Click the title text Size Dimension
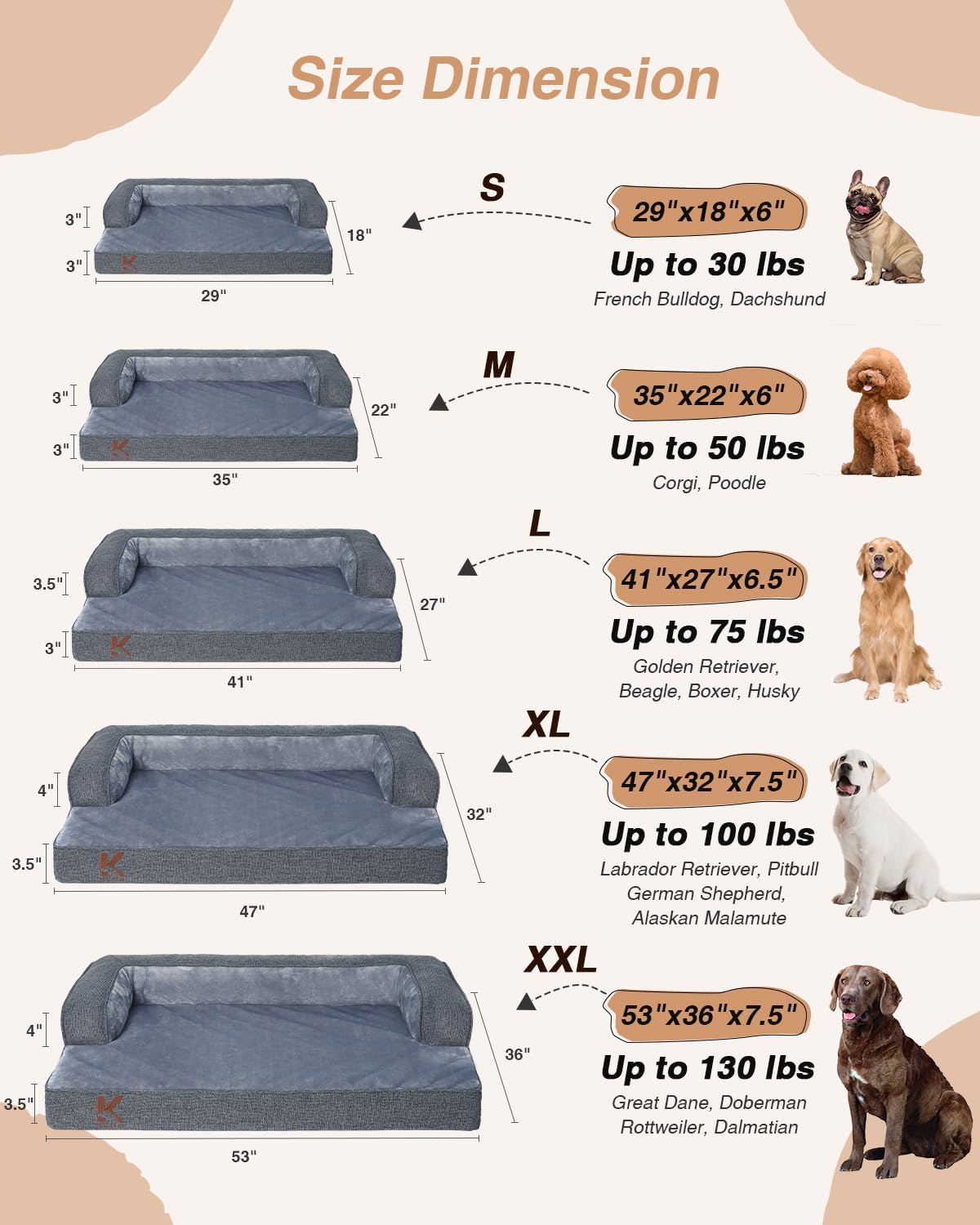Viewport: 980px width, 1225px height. [x=503, y=80]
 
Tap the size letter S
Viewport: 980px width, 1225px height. [x=492, y=188]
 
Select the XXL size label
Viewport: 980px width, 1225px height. [x=560, y=960]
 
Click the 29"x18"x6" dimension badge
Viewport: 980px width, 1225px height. [x=707, y=212]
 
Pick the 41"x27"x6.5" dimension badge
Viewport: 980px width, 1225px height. [x=707, y=579]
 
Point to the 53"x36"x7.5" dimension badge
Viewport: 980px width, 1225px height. [x=707, y=1015]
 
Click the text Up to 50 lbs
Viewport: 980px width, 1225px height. [x=707, y=448]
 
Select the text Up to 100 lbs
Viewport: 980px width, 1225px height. [x=707, y=835]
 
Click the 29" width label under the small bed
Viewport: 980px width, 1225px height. [x=213, y=296]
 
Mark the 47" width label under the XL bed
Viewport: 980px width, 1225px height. [x=252, y=911]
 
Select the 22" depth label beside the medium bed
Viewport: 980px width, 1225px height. [x=383, y=410]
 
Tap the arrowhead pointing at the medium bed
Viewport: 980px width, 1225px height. [x=439, y=402]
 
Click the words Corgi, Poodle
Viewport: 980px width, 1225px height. [x=709, y=483]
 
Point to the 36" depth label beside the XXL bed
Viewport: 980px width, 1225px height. [x=517, y=1054]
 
